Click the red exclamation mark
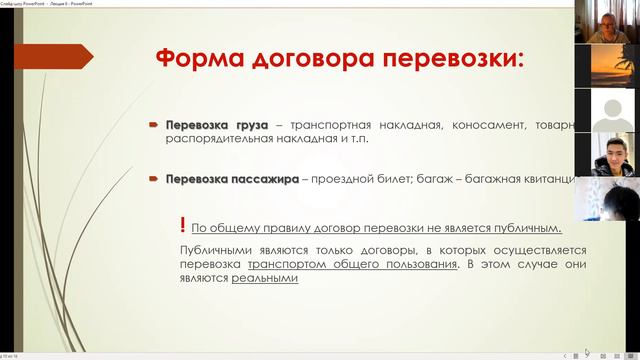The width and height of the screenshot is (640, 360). [x=181, y=225]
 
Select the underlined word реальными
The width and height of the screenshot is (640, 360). [x=265, y=279]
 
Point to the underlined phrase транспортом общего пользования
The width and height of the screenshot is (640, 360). [x=352, y=264]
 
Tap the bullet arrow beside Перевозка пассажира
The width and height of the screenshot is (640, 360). [x=154, y=179]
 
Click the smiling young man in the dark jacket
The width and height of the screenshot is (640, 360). [x=607, y=154]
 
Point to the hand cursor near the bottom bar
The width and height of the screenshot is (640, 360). [x=586, y=351]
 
